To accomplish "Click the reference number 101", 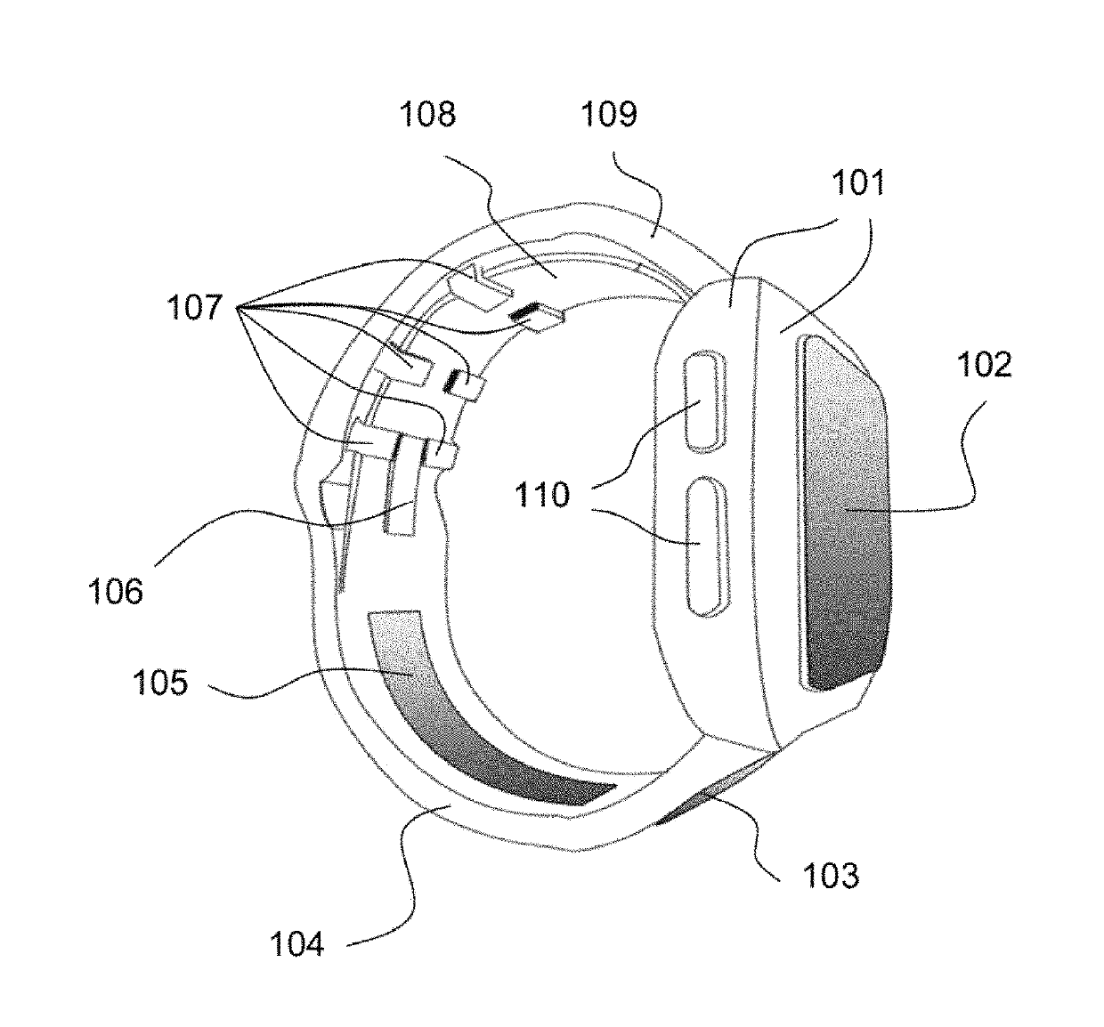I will click(x=859, y=183).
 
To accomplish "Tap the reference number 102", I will click(x=985, y=365).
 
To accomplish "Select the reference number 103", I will click(x=831, y=876).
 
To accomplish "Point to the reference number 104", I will click(x=297, y=944).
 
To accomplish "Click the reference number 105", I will click(x=160, y=683).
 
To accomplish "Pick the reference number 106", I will click(x=116, y=590).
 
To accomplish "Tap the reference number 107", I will click(x=195, y=308).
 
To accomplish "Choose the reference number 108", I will click(x=427, y=115).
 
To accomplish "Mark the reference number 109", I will click(x=609, y=115).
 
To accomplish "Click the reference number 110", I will click(x=542, y=494).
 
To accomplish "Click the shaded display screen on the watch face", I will click(x=846, y=512).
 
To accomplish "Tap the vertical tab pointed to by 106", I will click(x=402, y=516).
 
